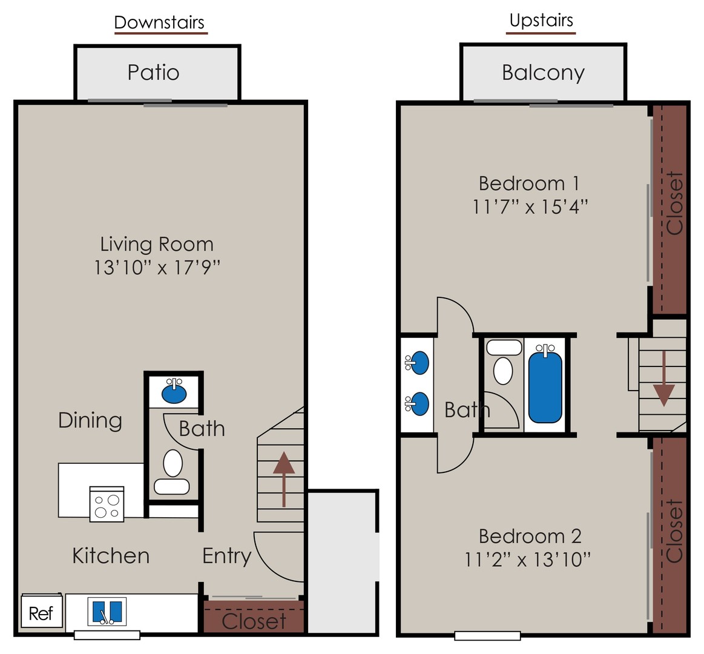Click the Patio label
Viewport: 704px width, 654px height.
click(154, 73)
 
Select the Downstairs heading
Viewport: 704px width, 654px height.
click(159, 22)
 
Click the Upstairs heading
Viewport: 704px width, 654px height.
click(542, 21)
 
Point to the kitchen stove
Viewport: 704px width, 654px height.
click(107, 504)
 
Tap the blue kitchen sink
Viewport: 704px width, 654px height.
click(107, 612)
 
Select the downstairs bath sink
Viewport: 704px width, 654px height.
click(174, 391)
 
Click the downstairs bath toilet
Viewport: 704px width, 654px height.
click(173, 472)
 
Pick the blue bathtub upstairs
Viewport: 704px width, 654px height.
click(545, 385)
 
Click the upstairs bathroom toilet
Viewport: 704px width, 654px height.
click(503, 362)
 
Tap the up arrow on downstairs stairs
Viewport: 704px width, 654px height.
click(284, 479)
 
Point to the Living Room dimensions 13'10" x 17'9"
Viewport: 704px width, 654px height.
click(157, 268)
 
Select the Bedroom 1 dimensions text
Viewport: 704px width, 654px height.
click(530, 207)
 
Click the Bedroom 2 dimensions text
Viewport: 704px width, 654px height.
click(527, 560)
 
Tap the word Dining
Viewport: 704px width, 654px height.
click(90, 420)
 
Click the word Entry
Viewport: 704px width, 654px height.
click(227, 556)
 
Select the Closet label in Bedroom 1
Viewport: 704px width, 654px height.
click(675, 203)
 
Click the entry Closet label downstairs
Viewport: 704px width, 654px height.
click(254, 621)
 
